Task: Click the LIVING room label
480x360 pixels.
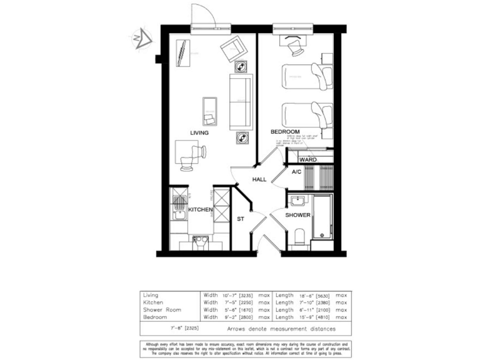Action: (x=199, y=133)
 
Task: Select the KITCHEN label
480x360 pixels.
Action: (x=201, y=209)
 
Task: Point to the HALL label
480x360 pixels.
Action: (x=259, y=179)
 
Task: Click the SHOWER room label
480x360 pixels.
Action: (x=298, y=215)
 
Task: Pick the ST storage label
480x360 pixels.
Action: (x=240, y=219)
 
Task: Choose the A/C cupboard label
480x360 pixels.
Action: (x=297, y=171)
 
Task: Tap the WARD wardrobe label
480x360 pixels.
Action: (x=308, y=160)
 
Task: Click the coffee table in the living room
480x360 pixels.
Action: (x=209, y=111)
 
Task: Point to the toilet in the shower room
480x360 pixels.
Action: (x=298, y=236)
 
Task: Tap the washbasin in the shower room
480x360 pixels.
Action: (x=297, y=201)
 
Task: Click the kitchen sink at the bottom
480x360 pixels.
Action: (x=200, y=241)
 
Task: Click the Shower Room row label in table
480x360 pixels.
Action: (x=162, y=309)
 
